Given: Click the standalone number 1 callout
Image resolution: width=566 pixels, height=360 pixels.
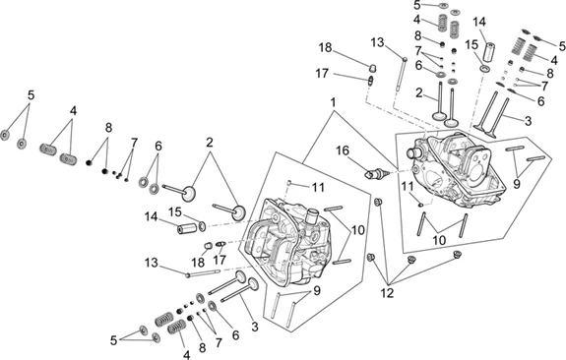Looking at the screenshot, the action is [x=333, y=102].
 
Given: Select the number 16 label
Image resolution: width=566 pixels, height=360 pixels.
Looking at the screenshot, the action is [x=343, y=150].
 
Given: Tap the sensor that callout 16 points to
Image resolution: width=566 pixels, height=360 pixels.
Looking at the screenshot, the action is [x=378, y=174].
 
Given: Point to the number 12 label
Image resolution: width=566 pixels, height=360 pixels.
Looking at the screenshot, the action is [x=387, y=293].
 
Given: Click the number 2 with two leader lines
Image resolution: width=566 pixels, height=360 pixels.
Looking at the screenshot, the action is [x=210, y=143].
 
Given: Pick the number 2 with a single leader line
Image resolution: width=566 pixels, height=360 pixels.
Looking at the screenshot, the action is [x=418, y=92].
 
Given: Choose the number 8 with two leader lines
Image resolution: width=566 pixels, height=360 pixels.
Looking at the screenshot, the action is [x=108, y=127].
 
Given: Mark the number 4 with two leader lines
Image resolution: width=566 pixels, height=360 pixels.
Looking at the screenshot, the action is [x=73, y=111].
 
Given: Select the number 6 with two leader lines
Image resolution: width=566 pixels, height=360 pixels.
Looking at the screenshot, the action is [x=158, y=147].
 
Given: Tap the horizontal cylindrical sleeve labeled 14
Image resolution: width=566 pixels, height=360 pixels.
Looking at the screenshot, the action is [x=187, y=229].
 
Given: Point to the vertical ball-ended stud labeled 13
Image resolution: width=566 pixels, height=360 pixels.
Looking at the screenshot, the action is [x=402, y=74].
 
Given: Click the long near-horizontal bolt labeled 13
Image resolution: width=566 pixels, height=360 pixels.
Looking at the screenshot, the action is [x=203, y=273].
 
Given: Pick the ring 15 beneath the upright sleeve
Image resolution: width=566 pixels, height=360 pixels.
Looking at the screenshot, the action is [x=484, y=69].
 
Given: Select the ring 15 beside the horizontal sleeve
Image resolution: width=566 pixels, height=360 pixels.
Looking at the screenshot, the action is [x=203, y=226].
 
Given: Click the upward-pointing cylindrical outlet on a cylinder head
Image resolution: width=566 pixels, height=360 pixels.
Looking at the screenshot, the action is [x=311, y=217].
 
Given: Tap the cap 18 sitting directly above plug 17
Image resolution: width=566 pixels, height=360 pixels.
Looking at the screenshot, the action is [x=372, y=68].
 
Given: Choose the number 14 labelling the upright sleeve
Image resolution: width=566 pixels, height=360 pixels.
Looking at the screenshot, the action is [x=479, y=22].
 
